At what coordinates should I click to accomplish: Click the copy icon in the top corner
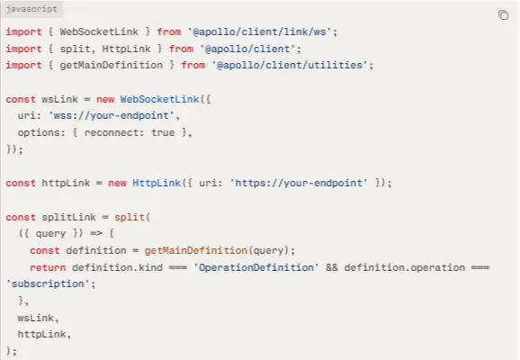[x=503, y=15]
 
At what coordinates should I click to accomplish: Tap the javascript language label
[x=31, y=9]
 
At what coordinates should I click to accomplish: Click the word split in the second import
[x=75, y=49]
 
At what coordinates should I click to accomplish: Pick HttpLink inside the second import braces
[x=126, y=49]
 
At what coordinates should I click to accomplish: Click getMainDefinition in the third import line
[x=111, y=65]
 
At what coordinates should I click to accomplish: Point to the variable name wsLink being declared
[x=59, y=99]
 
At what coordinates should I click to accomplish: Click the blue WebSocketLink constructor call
[x=159, y=99]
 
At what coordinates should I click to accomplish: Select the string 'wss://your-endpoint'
[x=112, y=116]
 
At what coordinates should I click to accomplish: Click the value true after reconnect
[x=163, y=132]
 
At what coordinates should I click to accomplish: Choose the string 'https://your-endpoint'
[x=299, y=184]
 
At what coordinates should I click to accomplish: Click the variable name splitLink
[x=68, y=217]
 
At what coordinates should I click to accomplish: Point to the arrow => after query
[x=96, y=234]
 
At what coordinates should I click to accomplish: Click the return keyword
[x=48, y=267]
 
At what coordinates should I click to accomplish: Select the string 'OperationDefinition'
[x=256, y=267]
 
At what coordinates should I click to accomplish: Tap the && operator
[x=332, y=267]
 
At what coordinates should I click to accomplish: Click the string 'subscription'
[x=48, y=284]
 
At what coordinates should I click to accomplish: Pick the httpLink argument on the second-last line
[x=41, y=334]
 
